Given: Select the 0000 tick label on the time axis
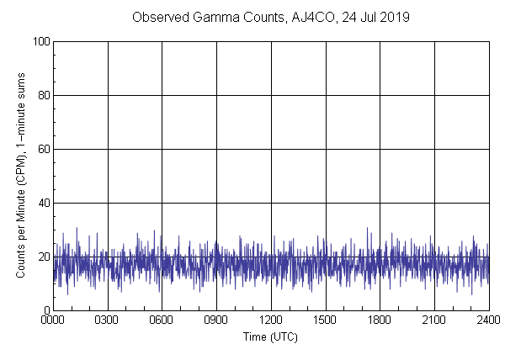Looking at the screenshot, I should coord(53,320).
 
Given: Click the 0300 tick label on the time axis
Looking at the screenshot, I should coord(108,320).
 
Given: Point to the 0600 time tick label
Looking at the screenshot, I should coord(162,320).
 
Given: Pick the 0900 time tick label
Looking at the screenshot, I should coord(216,320).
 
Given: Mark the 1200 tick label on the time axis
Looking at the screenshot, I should coord(271,320).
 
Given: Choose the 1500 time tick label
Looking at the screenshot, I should coord(325,320).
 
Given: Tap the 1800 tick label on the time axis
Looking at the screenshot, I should coord(380,320).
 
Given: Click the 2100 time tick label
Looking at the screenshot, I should coord(434,320).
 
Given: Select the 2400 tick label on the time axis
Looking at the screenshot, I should coord(488,320).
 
